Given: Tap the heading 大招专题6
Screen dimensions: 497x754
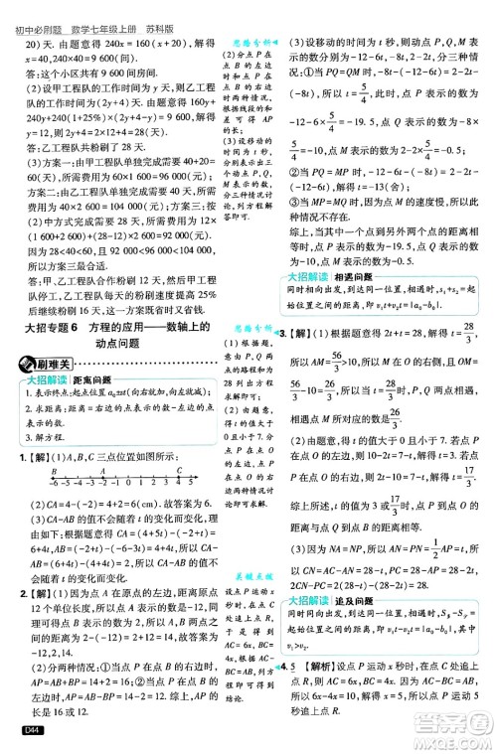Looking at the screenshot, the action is point(60,335).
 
